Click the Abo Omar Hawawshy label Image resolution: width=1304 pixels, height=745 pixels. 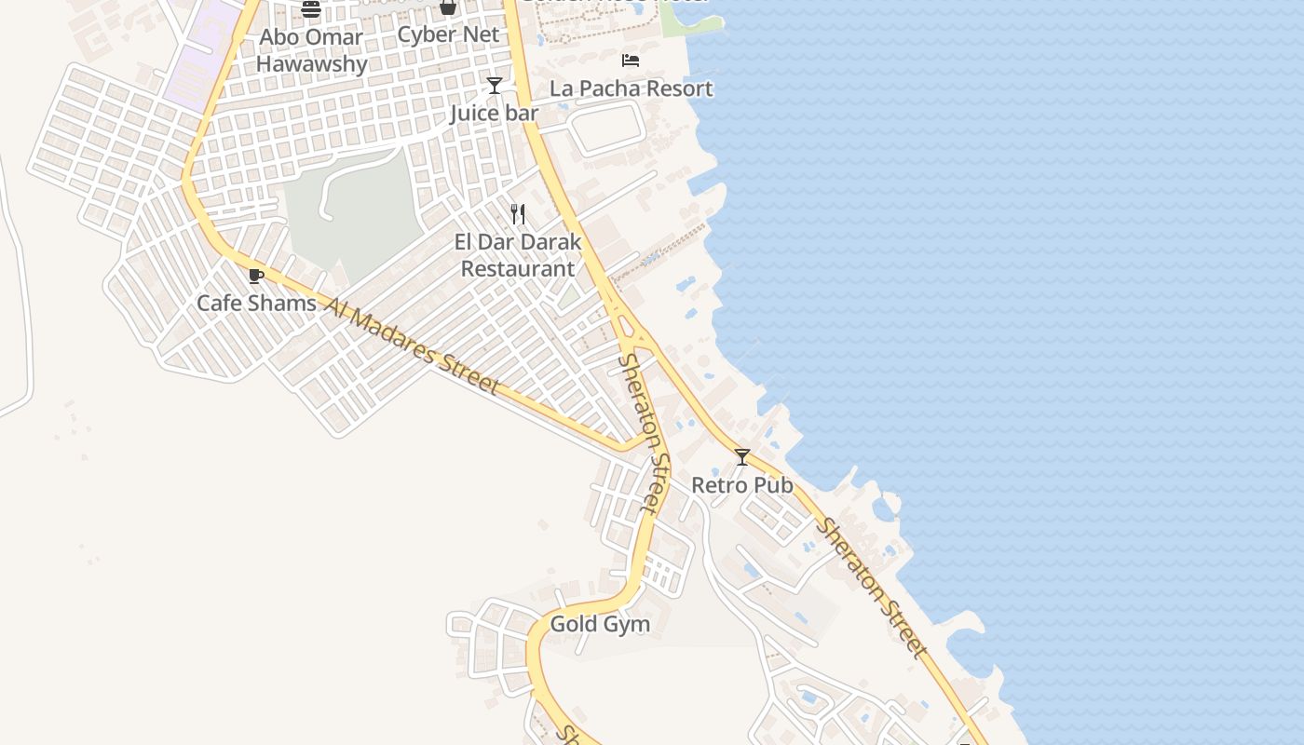click(x=311, y=51)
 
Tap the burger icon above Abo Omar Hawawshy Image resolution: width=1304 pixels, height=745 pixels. click(x=311, y=9)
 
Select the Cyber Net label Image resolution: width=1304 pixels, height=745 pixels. click(x=448, y=35)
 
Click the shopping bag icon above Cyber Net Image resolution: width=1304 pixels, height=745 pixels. click(x=448, y=7)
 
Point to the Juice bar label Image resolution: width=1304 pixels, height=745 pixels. click(x=494, y=114)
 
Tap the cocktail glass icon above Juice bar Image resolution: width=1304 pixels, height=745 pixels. click(x=495, y=86)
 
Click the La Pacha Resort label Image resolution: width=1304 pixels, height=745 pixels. click(x=631, y=88)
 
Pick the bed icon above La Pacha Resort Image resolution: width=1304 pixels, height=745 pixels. click(x=631, y=61)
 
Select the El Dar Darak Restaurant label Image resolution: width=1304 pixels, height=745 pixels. click(x=518, y=255)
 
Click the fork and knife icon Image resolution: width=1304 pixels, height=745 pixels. click(x=518, y=215)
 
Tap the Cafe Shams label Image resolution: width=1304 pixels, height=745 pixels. click(x=256, y=303)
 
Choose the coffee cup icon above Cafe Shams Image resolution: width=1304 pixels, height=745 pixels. click(x=256, y=276)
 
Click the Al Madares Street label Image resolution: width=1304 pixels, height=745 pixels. click(x=412, y=345)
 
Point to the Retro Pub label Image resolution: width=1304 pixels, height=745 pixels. click(x=741, y=485)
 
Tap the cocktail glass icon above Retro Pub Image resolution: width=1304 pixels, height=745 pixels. click(x=742, y=457)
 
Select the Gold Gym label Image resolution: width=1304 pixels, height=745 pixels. click(x=600, y=624)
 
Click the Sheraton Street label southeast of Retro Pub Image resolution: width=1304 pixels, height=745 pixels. click(x=872, y=589)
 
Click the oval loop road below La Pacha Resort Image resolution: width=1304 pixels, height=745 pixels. click(x=606, y=129)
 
